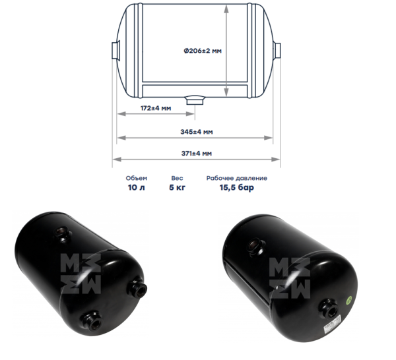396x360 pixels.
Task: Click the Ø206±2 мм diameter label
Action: pos(203,51)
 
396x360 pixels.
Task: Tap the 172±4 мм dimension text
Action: pos(156,108)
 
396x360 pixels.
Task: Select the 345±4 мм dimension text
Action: pos(197,132)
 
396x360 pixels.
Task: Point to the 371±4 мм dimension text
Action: pos(197,154)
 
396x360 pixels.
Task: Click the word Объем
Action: pos(137,178)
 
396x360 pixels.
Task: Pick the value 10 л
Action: pos(137,187)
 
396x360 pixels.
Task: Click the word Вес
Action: pos(177,178)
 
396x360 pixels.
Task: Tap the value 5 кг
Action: pos(177,187)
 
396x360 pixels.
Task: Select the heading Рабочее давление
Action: pos(237,178)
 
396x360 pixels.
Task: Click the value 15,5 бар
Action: pos(237,188)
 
